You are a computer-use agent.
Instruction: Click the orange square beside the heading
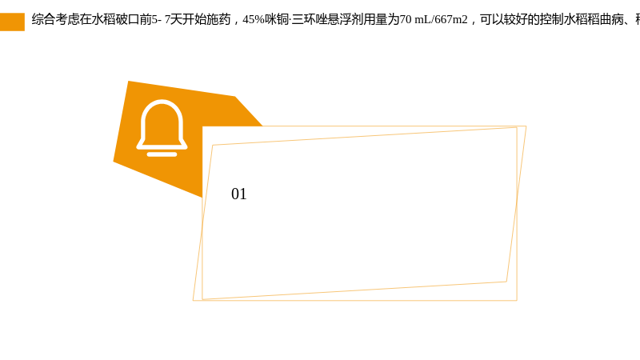click(x=12, y=22)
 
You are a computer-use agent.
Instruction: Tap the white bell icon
click(x=162, y=128)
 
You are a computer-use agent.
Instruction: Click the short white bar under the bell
click(x=162, y=154)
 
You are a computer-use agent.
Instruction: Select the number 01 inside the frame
click(x=238, y=194)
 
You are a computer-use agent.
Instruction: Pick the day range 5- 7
click(x=161, y=19)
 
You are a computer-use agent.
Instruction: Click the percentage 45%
click(x=254, y=19)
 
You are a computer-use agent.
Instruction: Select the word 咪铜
click(x=277, y=19)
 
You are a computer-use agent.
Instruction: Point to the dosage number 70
click(x=406, y=19)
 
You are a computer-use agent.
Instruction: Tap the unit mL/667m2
click(x=442, y=19)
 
